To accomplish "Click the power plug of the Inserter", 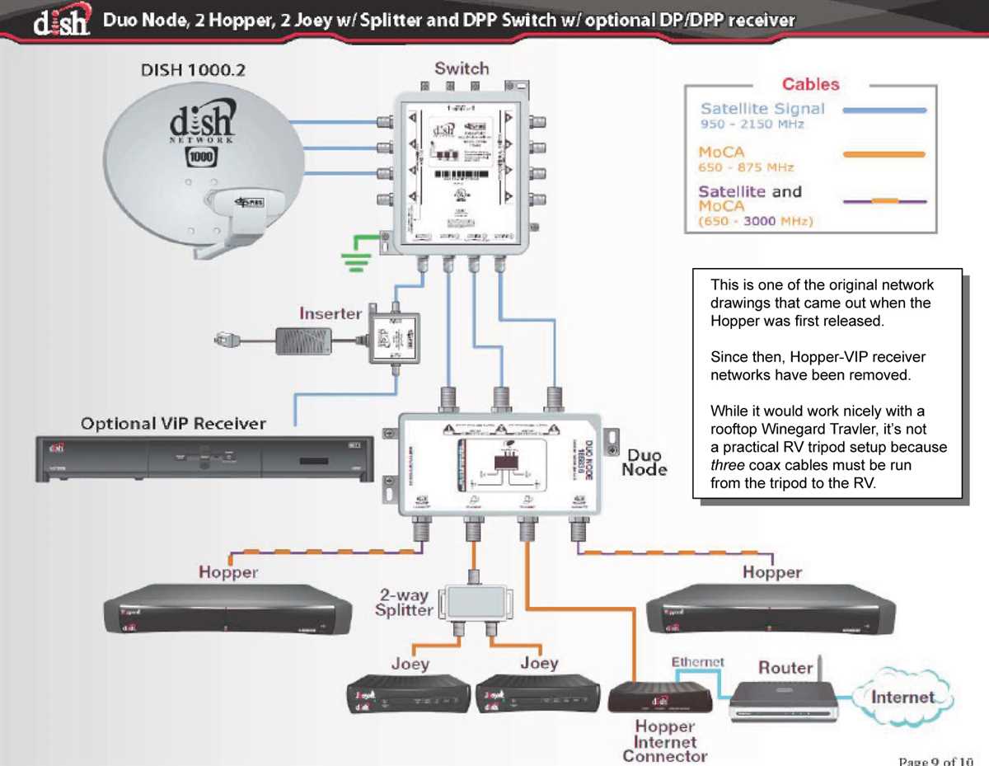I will [225, 336].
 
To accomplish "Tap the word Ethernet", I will [697, 661].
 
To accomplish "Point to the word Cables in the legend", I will [810, 84].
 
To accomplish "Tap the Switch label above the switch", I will [462, 68].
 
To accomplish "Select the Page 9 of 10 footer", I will [935, 759].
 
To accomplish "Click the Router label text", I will [785, 667].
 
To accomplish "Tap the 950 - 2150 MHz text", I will [752, 125].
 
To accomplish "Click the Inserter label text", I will [330, 313].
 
